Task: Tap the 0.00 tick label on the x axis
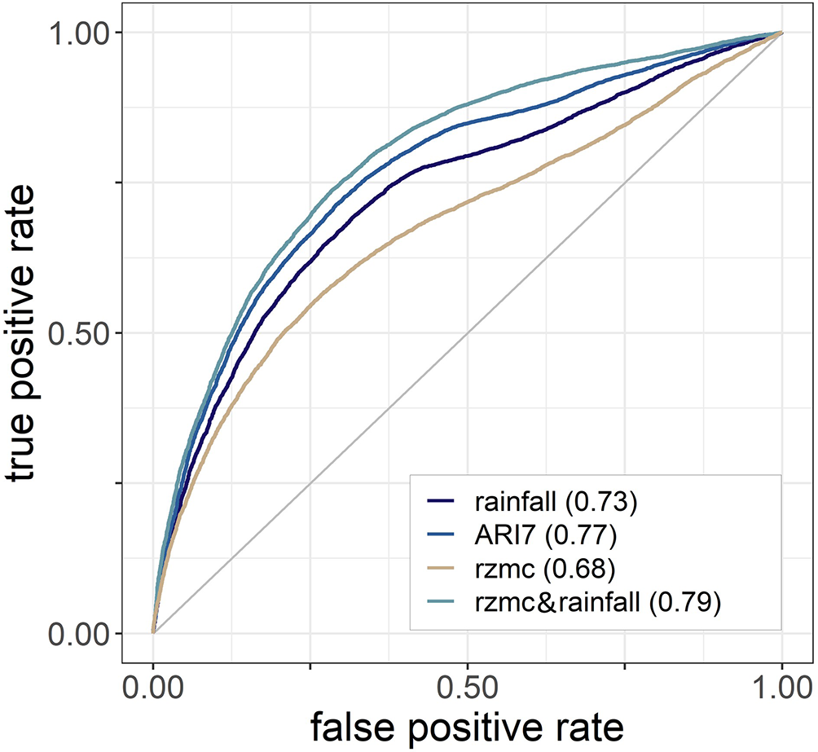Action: coord(153,684)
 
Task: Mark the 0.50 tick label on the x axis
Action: coord(468,684)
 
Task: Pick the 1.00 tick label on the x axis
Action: coord(782,684)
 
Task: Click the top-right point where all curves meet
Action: coord(782,33)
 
